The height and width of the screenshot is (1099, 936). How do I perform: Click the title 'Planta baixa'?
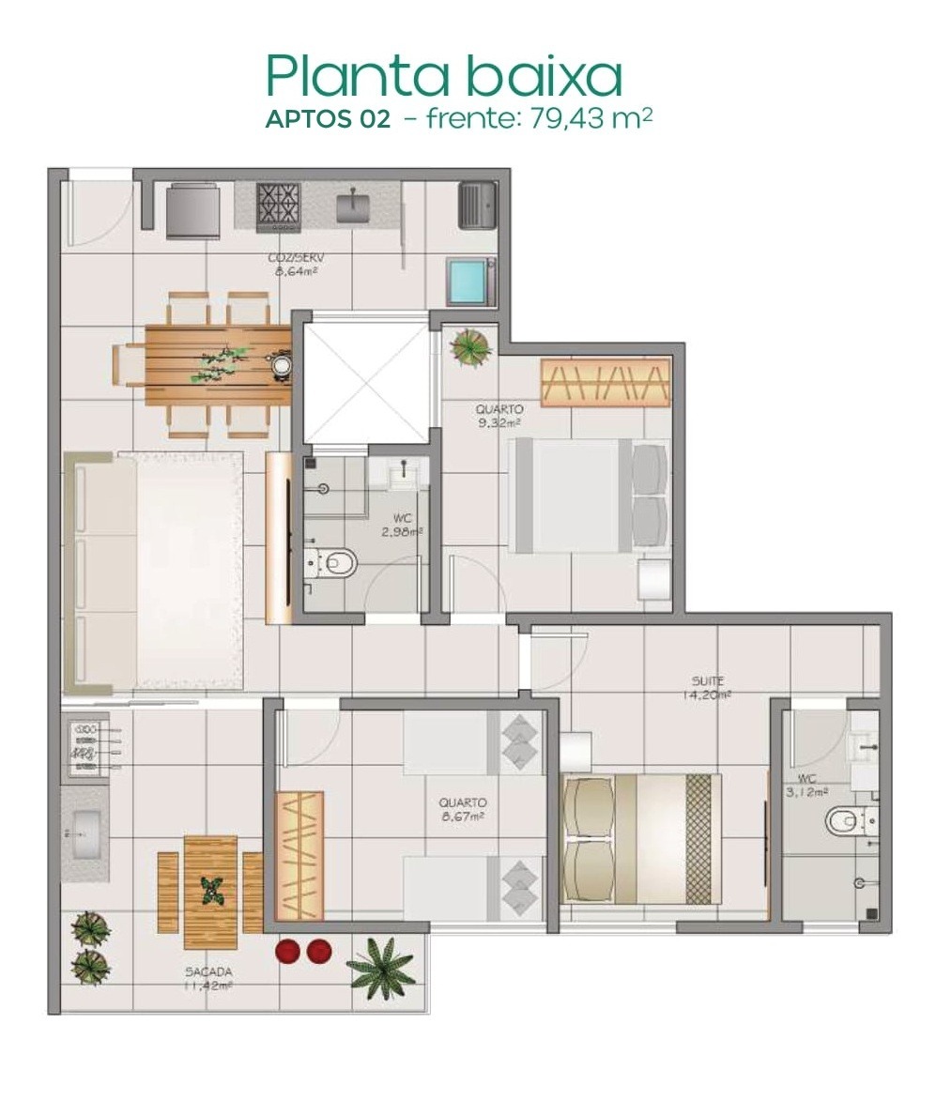click(x=443, y=75)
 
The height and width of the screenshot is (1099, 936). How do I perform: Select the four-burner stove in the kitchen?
click(x=279, y=206)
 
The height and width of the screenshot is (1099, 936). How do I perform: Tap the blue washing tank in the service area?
click(x=470, y=280)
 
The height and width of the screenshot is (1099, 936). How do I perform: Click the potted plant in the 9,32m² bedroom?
click(x=469, y=346)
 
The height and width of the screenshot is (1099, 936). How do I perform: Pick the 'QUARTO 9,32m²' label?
click(x=499, y=416)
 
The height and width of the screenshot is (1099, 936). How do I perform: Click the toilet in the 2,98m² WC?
click(x=335, y=562)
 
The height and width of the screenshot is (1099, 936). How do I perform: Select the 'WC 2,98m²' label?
click(x=402, y=524)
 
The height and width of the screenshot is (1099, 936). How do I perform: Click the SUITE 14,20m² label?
click(x=708, y=688)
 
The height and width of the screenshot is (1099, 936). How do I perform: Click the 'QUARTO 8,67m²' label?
click(x=462, y=810)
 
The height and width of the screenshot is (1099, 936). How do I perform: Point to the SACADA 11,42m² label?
click(x=208, y=979)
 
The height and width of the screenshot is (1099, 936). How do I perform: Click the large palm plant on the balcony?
click(x=381, y=967)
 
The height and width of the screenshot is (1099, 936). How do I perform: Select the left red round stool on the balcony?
click(x=288, y=951)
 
